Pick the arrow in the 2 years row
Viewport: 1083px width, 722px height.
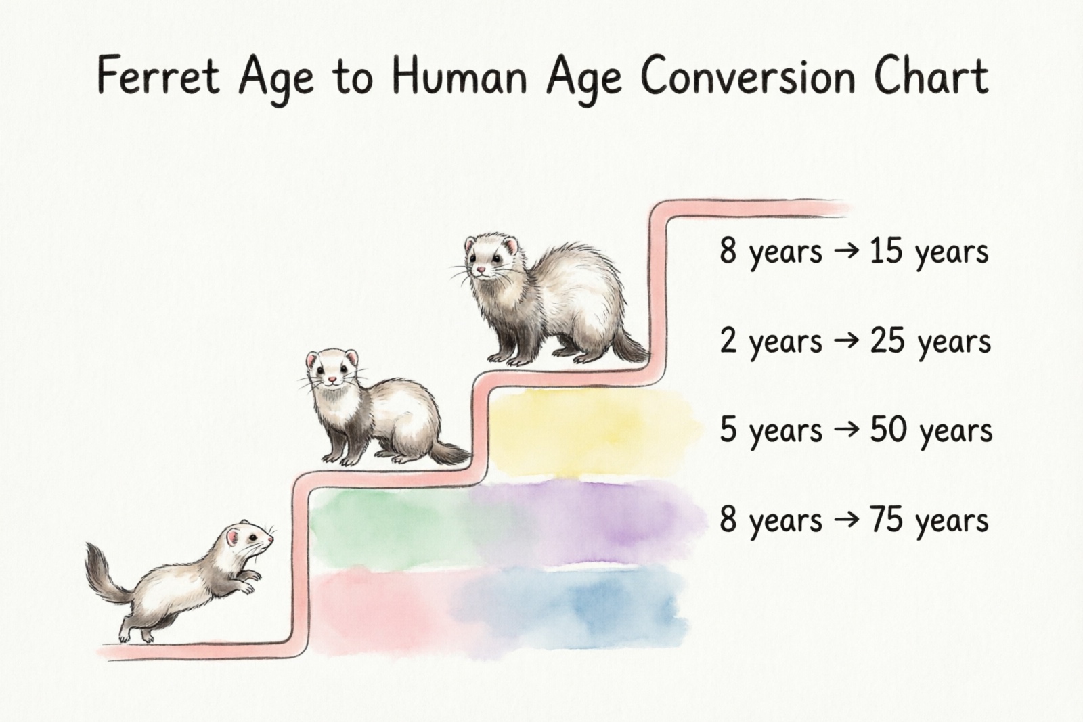coord(846,340)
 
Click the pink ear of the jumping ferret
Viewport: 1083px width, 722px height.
coord(233,538)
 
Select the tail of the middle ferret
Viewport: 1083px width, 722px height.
coord(447,454)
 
